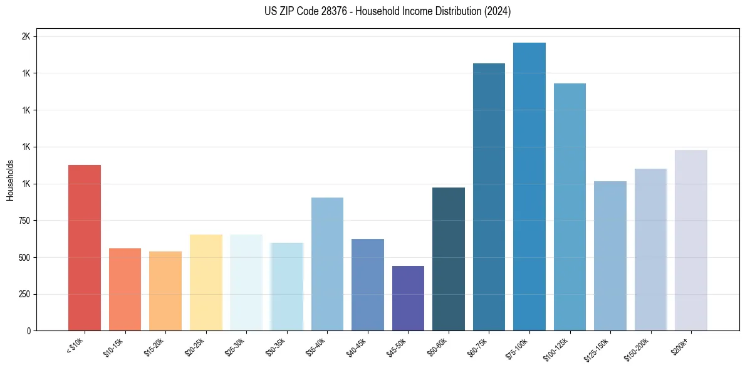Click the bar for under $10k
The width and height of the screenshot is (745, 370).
tap(85, 248)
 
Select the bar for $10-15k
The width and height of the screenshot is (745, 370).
tap(125, 290)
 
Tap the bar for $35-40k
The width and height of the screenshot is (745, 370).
tap(327, 264)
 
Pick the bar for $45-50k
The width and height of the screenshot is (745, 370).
tap(408, 299)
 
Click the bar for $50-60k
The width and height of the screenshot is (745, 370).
tap(449, 259)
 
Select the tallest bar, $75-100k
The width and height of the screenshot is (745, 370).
tap(529, 187)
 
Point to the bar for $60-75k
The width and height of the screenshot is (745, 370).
tap(489, 197)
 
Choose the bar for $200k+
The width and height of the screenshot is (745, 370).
tap(691, 240)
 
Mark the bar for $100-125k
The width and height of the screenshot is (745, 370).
tap(570, 207)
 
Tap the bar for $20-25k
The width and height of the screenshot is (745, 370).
tap(206, 283)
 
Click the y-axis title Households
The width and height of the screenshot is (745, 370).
tap(10, 180)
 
